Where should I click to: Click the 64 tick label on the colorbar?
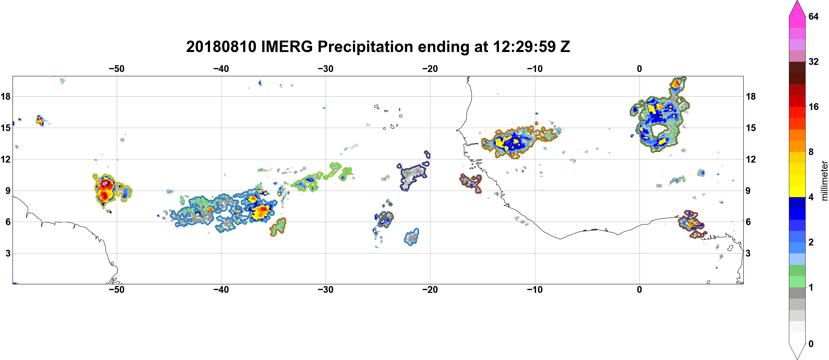click(x=813, y=16)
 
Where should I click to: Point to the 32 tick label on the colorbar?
click(x=813, y=61)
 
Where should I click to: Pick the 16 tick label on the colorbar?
click(x=813, y=107)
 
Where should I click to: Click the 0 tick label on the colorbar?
click(x=811, y=344)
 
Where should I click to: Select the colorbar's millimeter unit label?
click(x=824, y=181)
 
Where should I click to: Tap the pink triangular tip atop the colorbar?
click(x=797, y=8)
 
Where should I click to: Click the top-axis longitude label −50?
click(x=116, y=69)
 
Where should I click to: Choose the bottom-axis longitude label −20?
click(x=430, y=289)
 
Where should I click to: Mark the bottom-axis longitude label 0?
click(x=639, y=289)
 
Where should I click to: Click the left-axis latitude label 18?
click(x=5, y=96)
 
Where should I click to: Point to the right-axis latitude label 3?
click(x=748, y=253)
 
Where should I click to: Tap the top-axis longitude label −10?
click(x=535, y=69)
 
